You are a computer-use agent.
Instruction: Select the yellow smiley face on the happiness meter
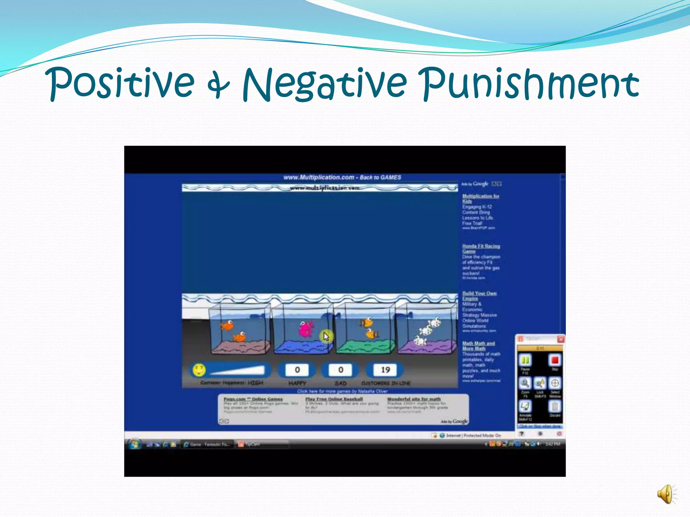click(199, 370)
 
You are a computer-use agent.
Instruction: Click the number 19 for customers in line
click(385, 370)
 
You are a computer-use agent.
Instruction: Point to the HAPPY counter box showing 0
click(297, 370)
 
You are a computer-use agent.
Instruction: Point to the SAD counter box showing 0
click(340, 370)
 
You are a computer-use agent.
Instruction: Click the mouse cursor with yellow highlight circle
click(326, 336)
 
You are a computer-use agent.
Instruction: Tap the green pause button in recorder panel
click(525, 360)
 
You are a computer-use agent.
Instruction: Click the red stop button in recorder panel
click(555, 360)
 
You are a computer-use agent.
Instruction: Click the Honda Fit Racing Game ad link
click(481, 248)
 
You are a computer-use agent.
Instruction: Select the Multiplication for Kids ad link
click(480, 198)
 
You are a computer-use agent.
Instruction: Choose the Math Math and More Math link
click(478, 346)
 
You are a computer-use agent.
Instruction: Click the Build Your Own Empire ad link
click(479, 296)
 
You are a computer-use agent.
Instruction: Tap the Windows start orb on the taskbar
click(134, 444)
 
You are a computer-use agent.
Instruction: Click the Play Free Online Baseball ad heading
click(334, 399)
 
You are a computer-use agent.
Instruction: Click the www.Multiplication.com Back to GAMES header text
click(342, 177)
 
